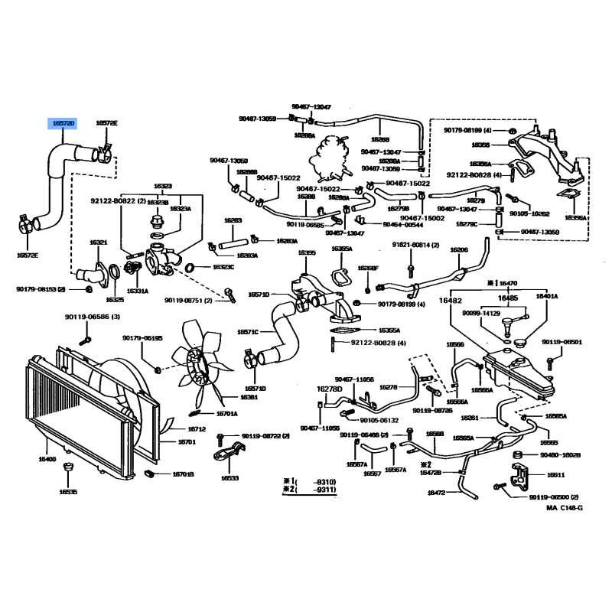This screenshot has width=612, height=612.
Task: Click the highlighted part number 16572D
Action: point(63,123)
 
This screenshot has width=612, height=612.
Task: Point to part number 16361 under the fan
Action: point(249,398)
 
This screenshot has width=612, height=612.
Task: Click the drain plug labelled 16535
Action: point(69,491)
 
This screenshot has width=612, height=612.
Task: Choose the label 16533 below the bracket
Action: point(230,478)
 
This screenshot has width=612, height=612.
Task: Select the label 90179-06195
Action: point(142,338)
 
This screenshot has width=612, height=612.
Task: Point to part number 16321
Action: point(99,243)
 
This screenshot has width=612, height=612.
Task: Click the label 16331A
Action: point(138,291)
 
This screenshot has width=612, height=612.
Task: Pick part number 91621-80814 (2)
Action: point(416,244)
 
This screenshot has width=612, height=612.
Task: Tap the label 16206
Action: point(459,250)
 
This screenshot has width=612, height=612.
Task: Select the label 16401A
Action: point(546,296)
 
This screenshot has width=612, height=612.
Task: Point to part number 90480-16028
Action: point(561,455)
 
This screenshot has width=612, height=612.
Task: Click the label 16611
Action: point(556,474)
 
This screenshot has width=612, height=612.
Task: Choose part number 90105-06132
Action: point(379,420)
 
